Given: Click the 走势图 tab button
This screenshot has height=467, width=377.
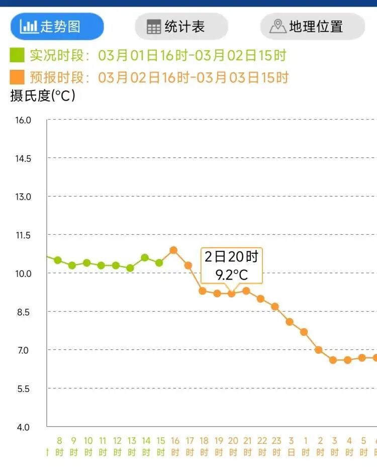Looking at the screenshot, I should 57,27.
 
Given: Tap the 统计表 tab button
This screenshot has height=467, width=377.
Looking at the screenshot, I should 181,27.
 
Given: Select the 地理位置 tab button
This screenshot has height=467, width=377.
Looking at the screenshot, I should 312,27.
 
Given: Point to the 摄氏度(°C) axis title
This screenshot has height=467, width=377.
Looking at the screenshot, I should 43,96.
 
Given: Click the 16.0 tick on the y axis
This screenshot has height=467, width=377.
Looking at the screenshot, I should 23,120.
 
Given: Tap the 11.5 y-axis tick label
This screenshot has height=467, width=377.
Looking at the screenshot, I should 23,235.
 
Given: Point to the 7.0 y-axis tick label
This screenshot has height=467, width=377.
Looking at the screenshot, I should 23,350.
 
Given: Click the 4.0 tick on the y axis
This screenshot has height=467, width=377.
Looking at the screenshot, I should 23,427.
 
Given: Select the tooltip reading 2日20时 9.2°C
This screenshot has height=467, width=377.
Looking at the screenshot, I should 232,266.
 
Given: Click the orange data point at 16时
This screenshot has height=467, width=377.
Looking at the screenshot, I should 173,250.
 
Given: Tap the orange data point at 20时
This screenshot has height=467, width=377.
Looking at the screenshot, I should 232,294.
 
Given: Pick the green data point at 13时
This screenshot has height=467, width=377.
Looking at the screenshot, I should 130,268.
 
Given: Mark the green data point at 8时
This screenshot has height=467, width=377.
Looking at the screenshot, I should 58,260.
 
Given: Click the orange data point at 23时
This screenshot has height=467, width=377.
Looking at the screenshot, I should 275,306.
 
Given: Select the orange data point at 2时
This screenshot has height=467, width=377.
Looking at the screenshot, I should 319,349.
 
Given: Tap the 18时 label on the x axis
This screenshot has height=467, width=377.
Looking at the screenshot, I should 204,446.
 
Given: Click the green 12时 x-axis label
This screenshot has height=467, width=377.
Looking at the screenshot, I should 117,446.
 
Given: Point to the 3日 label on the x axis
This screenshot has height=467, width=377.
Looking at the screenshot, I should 291,446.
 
